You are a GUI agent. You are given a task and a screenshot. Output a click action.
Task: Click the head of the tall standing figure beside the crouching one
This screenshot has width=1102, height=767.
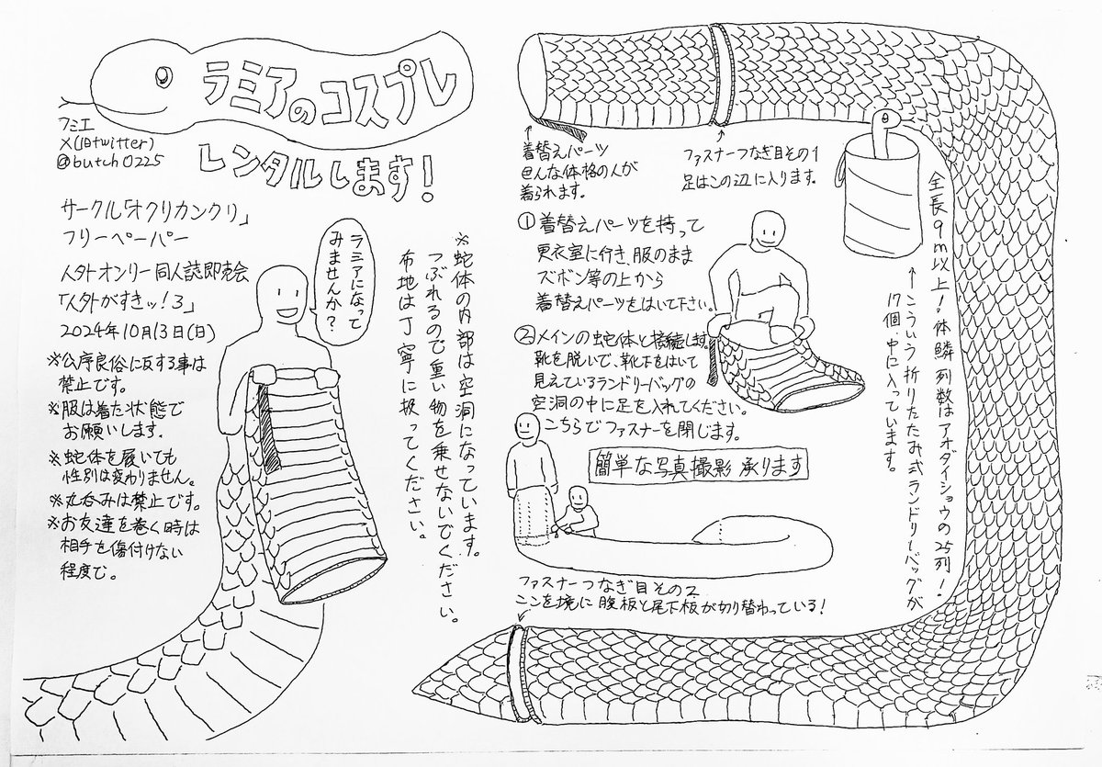click(525, 426)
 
